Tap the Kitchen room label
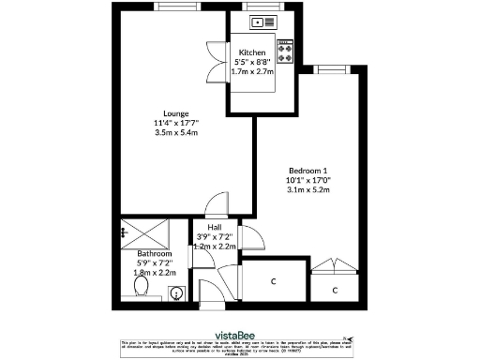click(x=252, y=52)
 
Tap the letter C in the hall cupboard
click(x=273, y=281)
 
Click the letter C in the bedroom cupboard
click(x=337, y=291)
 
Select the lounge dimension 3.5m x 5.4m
click(x=147, y=133)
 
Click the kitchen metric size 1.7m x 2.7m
click(x=252, y=71)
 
